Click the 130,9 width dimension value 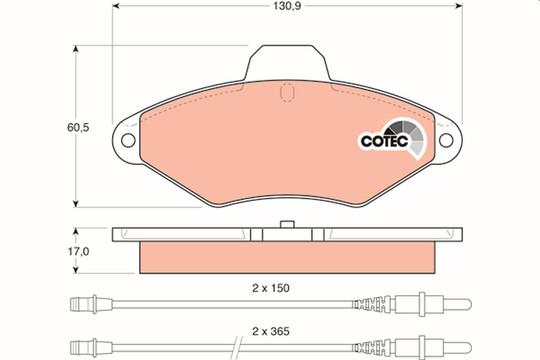click(287, 6)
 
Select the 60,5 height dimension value click(78, 127)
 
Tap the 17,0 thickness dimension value click(78, 252)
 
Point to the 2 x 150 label click(271, 288)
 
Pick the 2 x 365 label click(271, 332)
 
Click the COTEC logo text click(384, 141)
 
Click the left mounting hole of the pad click(128, 140)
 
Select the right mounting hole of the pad click(446, 140)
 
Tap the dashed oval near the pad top click(287, 93)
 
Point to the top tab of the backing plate click(287, 62)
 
